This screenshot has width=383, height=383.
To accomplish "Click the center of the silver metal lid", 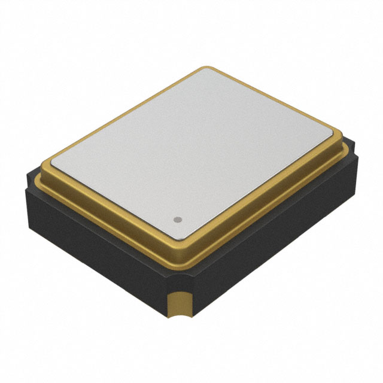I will [191, 150].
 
